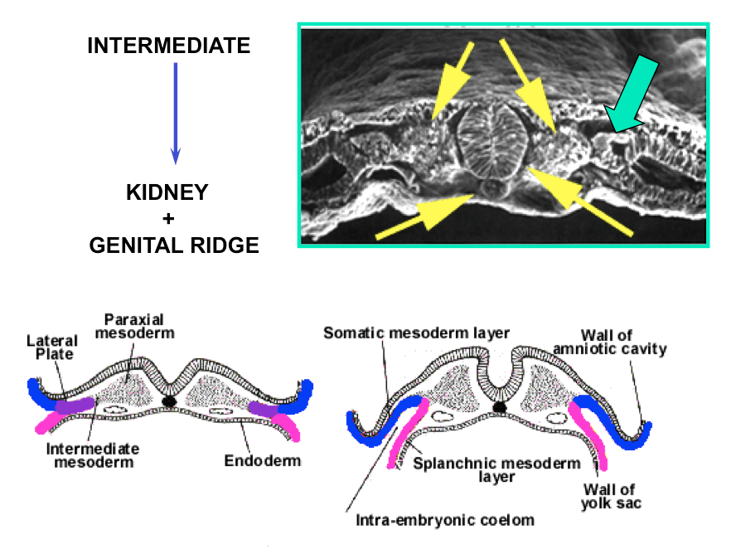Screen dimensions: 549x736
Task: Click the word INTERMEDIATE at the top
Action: click(168, 46)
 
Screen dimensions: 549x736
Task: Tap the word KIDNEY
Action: click(167, 194)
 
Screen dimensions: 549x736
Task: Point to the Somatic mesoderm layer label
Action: click(415, 333)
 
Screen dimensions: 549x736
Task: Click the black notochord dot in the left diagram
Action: click(169, 401)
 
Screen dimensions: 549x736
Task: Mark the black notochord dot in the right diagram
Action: click(500, 407)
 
